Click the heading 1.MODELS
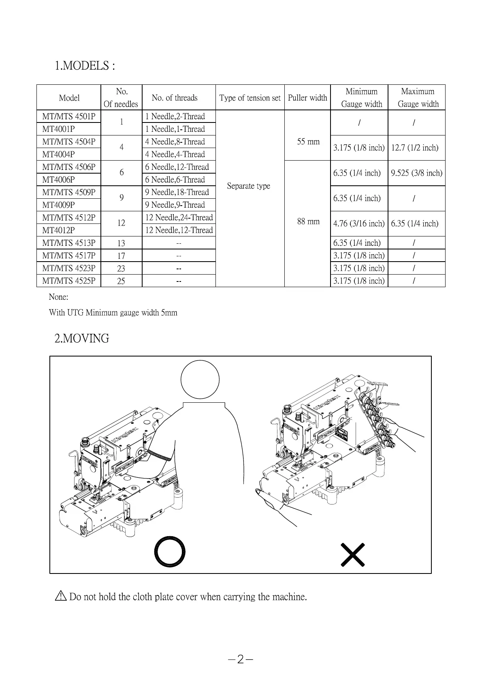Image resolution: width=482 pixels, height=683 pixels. coord(85,66)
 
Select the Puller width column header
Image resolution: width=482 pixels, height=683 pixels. coord(307,98)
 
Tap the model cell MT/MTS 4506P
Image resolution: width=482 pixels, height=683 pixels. coord(69,167)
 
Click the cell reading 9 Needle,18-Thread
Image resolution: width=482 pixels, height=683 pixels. coord(177,192)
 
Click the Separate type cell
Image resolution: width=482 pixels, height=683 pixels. coord(248,186)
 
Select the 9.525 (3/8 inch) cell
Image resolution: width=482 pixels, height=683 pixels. coord(416,173)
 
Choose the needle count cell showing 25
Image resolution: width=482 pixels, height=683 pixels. coord(121,281)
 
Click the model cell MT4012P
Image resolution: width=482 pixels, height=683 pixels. coord(59,230)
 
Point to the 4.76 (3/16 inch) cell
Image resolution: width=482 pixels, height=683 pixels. coord(359,223)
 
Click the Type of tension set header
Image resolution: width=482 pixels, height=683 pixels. coord(250,98)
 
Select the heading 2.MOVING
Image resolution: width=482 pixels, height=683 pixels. coord(82,338)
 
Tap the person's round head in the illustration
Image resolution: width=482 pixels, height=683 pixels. coord(200,380)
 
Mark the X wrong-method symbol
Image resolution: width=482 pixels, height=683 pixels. coord(353,554)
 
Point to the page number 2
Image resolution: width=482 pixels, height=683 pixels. coord(241,659)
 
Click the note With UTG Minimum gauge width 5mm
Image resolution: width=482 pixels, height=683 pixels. coord(113,313)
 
